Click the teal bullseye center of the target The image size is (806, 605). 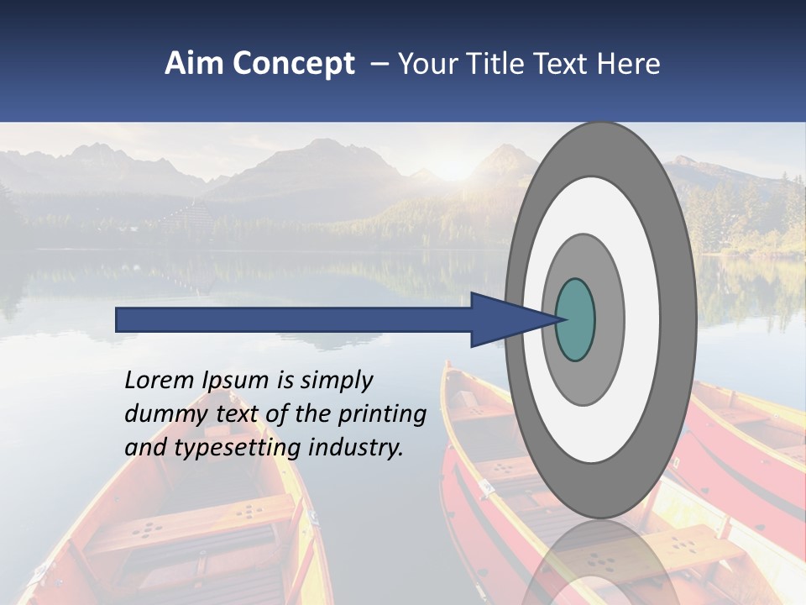tap(576, 319)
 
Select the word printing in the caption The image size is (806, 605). tap(381, 414)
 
